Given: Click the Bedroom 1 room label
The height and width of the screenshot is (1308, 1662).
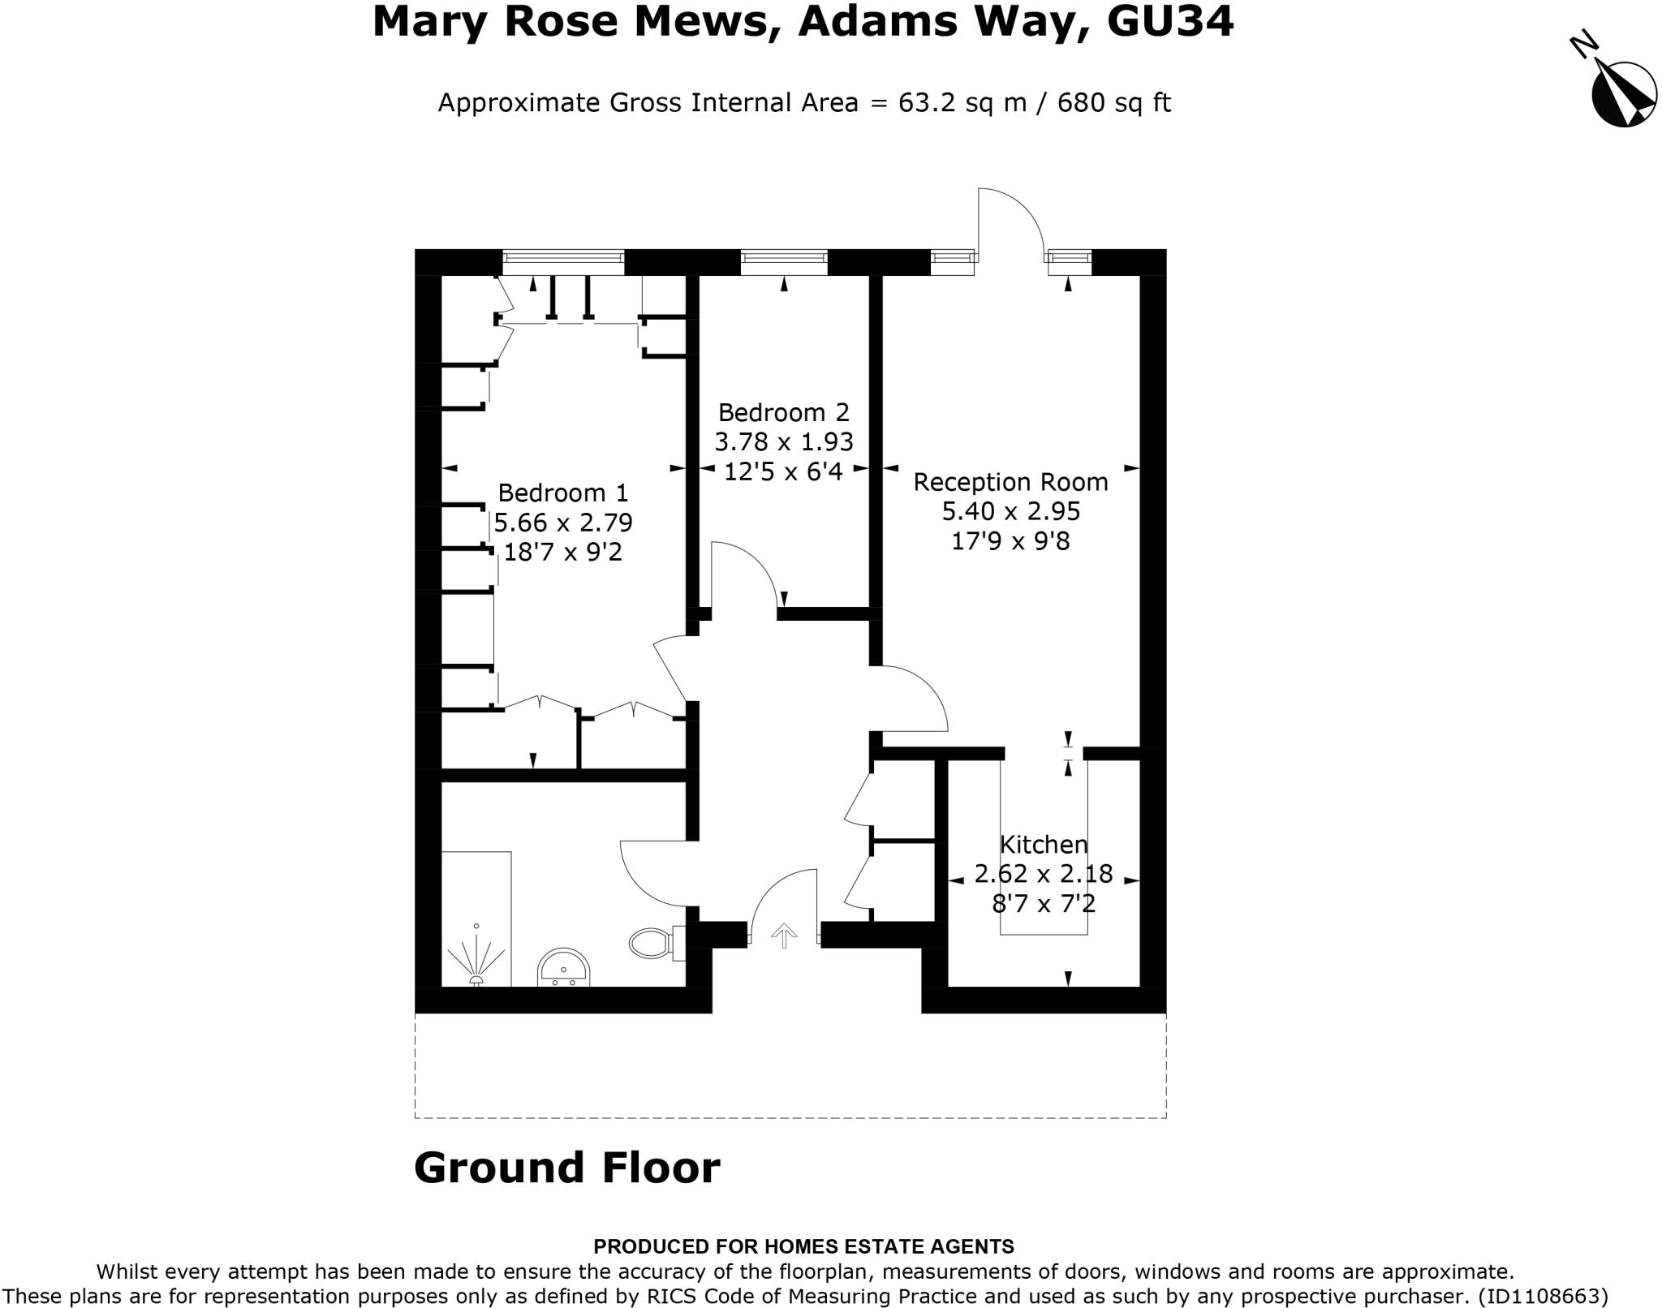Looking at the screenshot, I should [x=562, y=493].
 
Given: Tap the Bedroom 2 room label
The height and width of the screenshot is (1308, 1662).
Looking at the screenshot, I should [x=783, y=413].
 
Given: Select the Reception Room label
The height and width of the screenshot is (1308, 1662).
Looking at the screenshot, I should [x=1010, y=482].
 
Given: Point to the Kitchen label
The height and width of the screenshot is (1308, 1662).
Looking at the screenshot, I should [x=1044, y=845].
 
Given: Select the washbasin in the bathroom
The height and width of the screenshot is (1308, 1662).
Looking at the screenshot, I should [x=563, y=967].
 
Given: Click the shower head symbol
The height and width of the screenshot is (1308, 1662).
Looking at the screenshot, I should [x=476, y=962].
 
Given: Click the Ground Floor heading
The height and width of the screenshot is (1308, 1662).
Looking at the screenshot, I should [x=566, y=1168].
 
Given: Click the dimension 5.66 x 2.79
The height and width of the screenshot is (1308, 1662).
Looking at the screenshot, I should [x=563, y=523].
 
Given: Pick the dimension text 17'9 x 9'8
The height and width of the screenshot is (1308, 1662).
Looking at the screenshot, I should [x=1010, y=540].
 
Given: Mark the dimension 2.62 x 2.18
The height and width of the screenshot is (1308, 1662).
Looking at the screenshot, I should [x=1044, y=874].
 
